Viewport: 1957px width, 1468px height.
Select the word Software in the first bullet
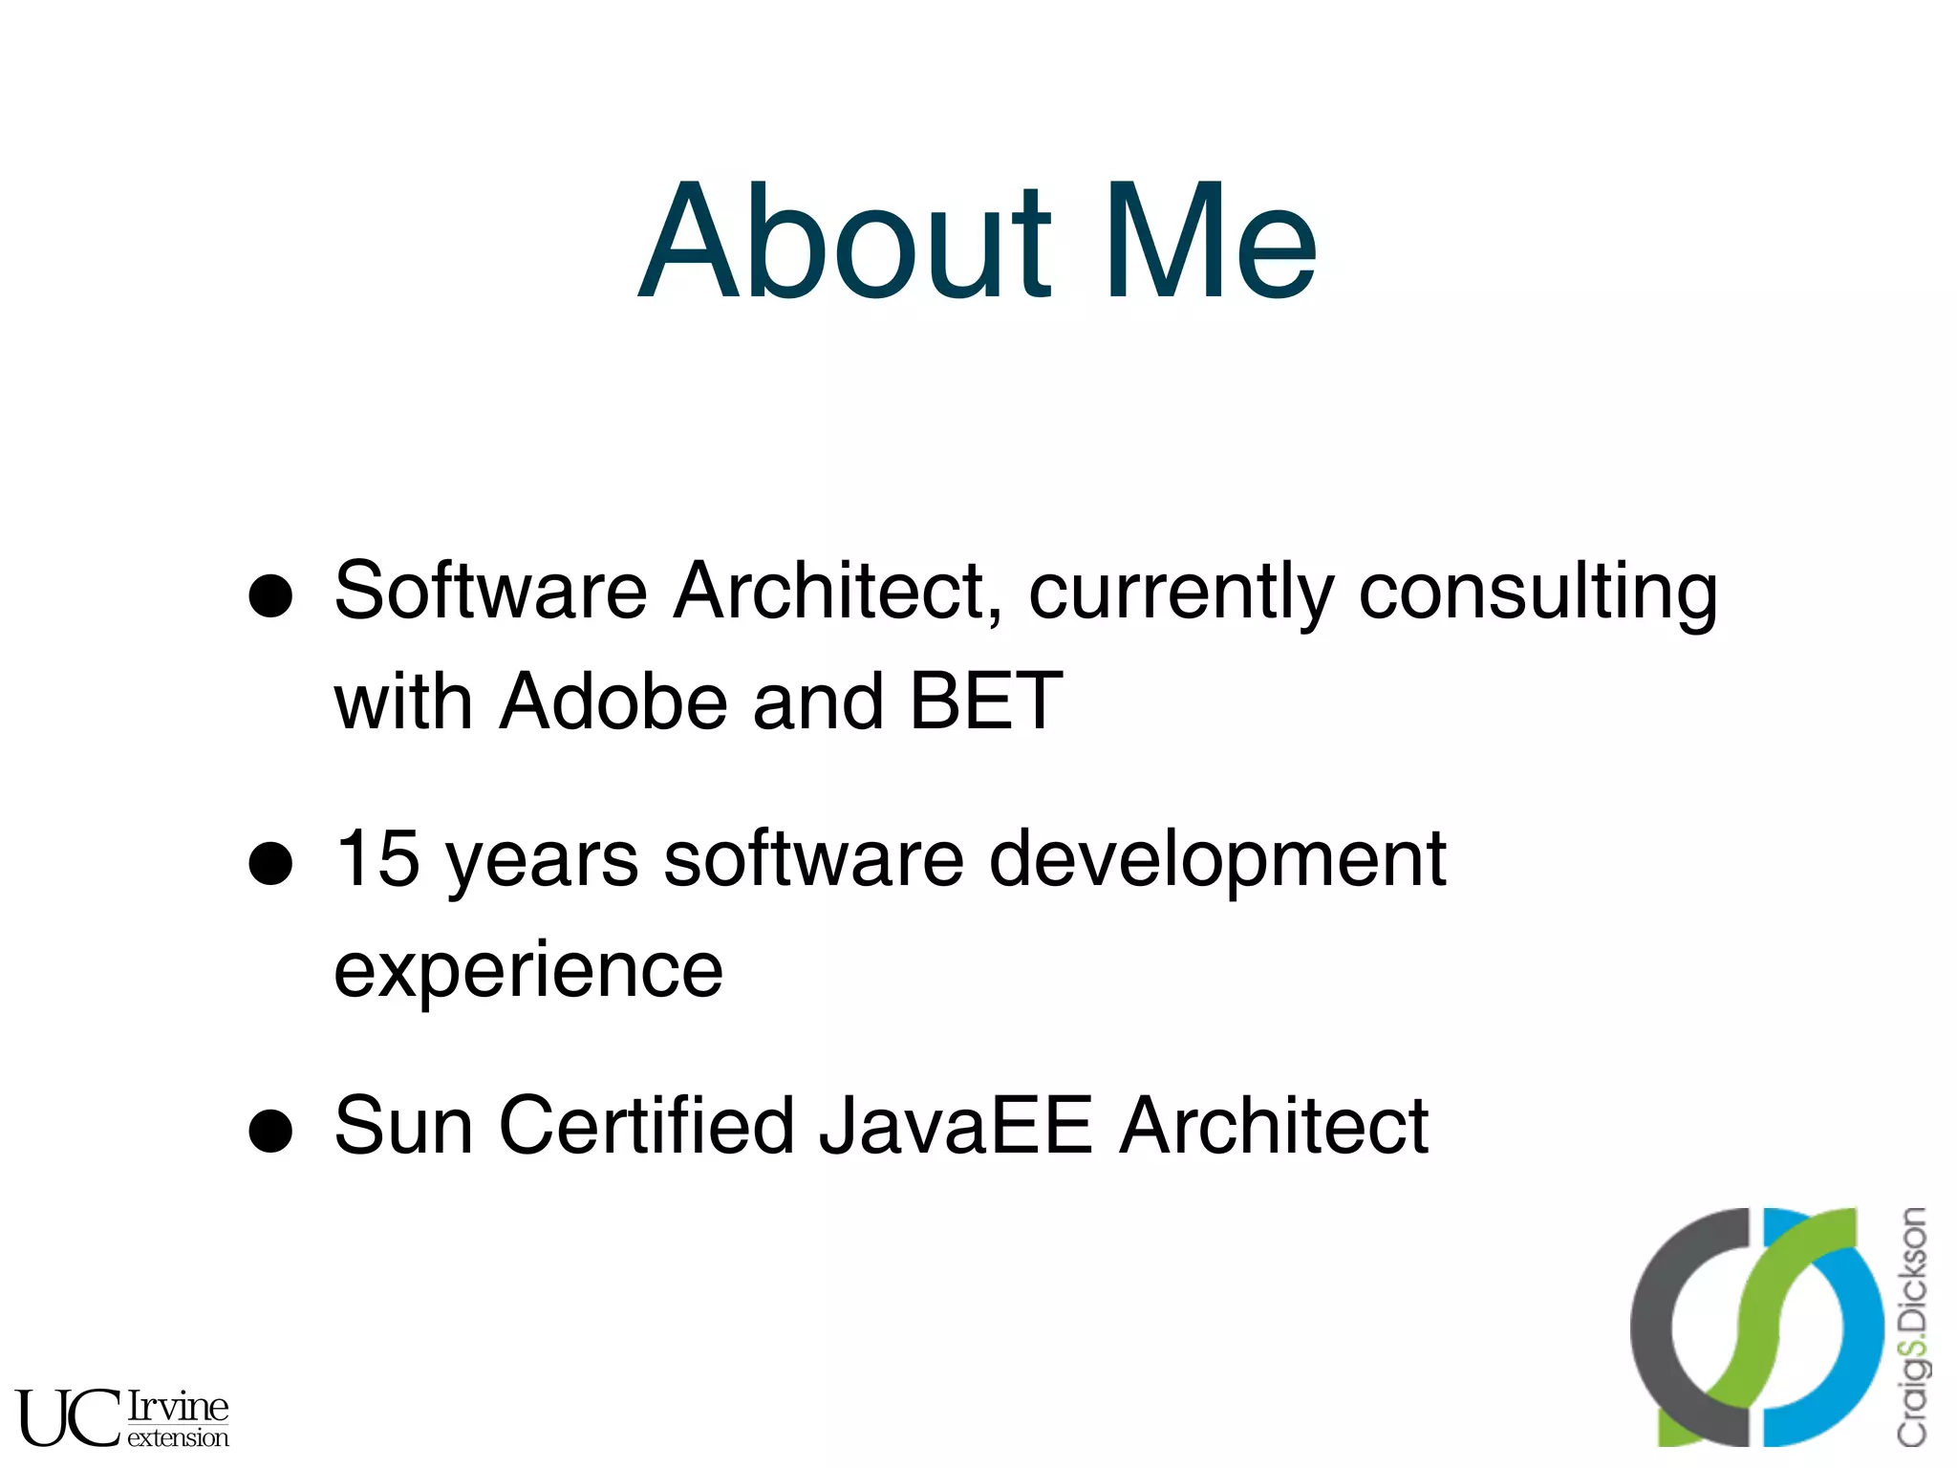coord(490,592)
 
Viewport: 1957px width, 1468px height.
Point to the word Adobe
coord(613,702)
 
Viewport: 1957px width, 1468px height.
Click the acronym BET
coord(986,702)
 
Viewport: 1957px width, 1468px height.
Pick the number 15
coord(378,858)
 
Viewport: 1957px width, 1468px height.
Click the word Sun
coord(403,1127)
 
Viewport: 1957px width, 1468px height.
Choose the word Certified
coord(647,1127)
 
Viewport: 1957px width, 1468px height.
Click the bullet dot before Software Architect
coord(270,596)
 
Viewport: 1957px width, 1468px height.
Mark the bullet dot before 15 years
coord(270,864)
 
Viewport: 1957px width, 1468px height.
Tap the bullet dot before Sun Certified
coord(270,1132)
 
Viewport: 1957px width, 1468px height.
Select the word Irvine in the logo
coord(178,1406)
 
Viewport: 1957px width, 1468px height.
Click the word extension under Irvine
coord(178,1438)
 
